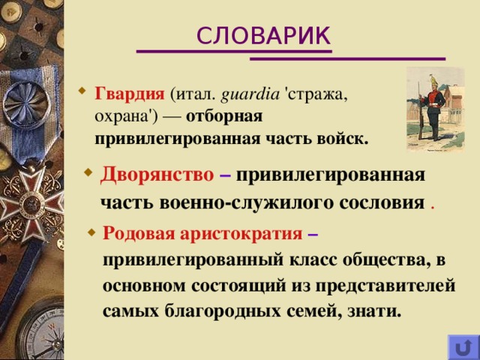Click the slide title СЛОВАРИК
tap(262, 34)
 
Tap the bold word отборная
tap(223, 117)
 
